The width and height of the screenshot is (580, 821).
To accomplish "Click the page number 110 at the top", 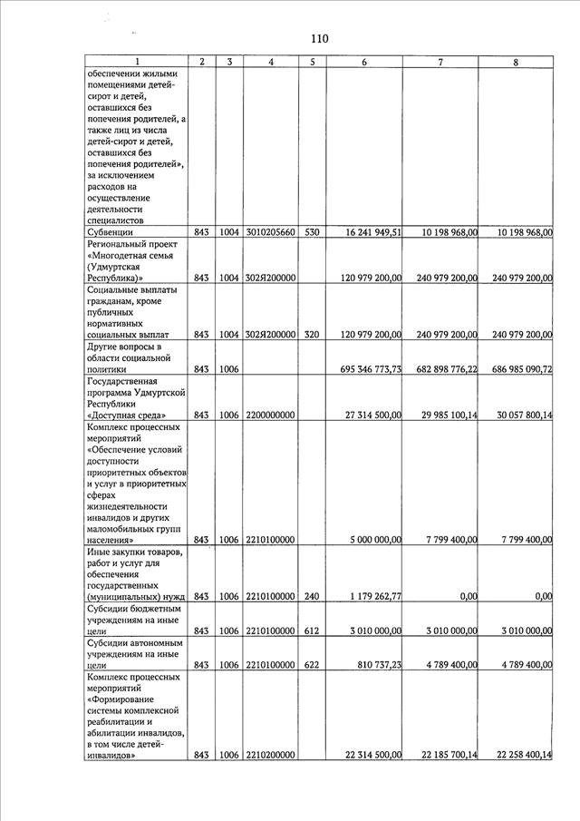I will click(318, 39).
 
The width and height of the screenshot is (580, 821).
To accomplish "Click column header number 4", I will click(272, 62).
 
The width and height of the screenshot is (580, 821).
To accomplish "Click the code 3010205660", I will click(271, 233).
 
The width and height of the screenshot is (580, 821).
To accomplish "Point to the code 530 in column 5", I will click(312, 233).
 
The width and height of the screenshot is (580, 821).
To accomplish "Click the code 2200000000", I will click(271, 415).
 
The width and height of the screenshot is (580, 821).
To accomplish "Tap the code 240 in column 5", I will click(312, 597).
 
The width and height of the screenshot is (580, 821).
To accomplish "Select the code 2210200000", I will click(271, 756).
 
